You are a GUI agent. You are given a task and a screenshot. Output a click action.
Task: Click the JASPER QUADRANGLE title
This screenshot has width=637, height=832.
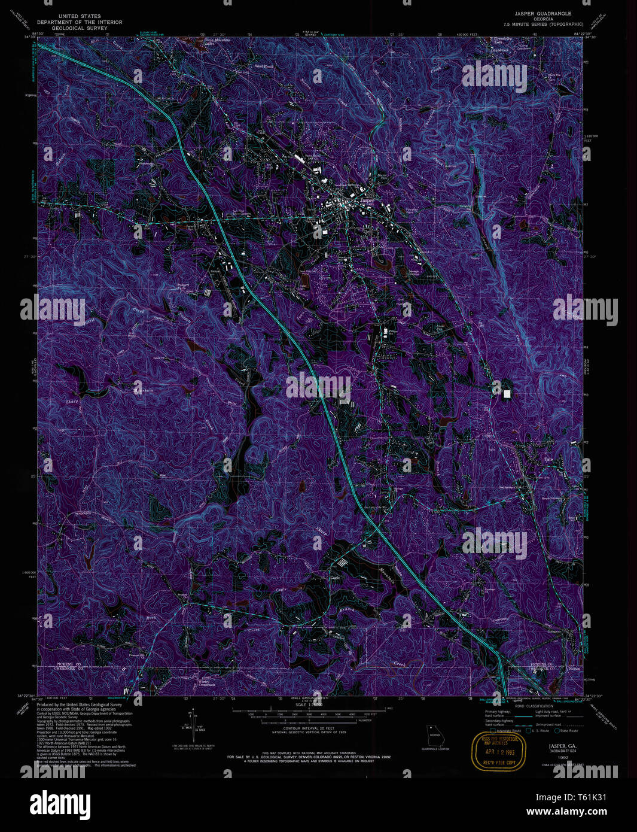542,13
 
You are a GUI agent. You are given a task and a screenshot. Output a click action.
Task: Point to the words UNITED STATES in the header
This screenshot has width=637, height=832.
80,16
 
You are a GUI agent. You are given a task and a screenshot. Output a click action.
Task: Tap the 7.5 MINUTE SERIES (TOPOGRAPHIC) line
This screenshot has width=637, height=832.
543,24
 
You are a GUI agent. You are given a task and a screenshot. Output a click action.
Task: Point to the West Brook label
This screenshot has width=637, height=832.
264,66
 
